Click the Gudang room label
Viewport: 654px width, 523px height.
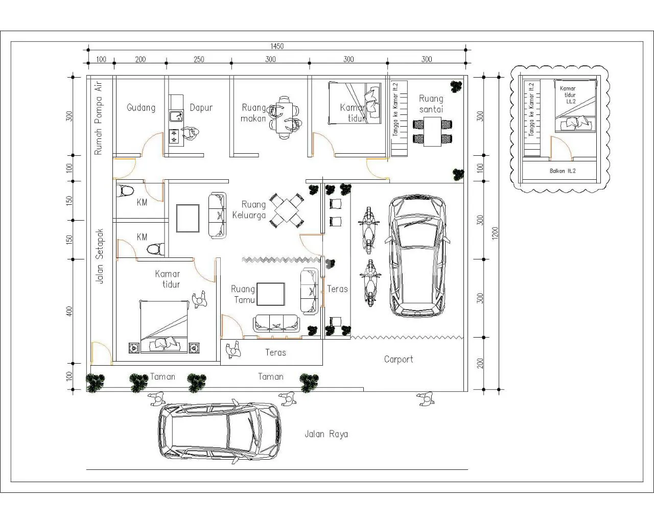click(141, 108)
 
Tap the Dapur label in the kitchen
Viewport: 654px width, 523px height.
click(201, 108)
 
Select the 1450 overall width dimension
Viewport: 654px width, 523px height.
click(277, 46)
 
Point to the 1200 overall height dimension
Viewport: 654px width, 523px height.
click(495, 233)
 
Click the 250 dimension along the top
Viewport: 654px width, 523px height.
click(199, 59)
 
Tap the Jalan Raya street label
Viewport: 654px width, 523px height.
click(326, 434)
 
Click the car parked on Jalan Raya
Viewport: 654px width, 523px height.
click(219, 432)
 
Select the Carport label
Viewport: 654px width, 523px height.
click(399, 360)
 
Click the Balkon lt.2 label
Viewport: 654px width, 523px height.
click(563, 171)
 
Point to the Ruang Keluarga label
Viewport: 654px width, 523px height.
click(249, 210)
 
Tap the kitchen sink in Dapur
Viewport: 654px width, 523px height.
click(176, 116)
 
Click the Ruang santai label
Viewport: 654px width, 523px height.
click(431, 104)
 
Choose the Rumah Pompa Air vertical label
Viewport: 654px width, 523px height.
click(98, 117)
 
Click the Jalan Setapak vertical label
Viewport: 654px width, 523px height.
click(99, 256)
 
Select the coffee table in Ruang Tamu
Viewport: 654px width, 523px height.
click(271, 294)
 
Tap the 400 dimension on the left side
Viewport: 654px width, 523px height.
click(69, 311)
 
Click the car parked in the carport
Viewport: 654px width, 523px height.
click(417, 256)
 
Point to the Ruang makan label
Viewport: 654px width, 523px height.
click(253, 113)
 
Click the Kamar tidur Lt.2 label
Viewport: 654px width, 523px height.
click(568, 95)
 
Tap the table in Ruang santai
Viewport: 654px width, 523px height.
click(432, 132)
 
